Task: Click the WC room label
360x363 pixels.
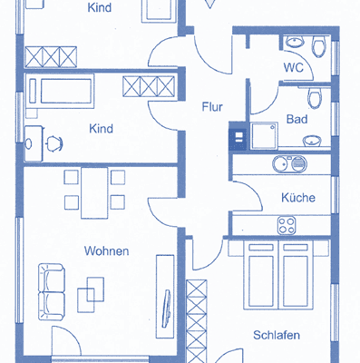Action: click(292, 67)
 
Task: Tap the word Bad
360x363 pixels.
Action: click(297, 119)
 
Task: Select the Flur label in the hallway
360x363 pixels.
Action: click(211, 106)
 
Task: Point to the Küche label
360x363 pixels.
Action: click(297, 196)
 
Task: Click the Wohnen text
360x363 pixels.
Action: click(107, 250)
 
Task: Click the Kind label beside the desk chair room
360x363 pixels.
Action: click(101, 129)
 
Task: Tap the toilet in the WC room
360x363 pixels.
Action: click(318, 47)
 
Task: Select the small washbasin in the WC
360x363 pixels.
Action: click(294, 42)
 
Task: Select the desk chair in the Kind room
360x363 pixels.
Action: click(53, 142)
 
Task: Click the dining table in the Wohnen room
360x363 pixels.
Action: click(94, 192)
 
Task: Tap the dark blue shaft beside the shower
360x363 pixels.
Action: click(238, 136)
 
